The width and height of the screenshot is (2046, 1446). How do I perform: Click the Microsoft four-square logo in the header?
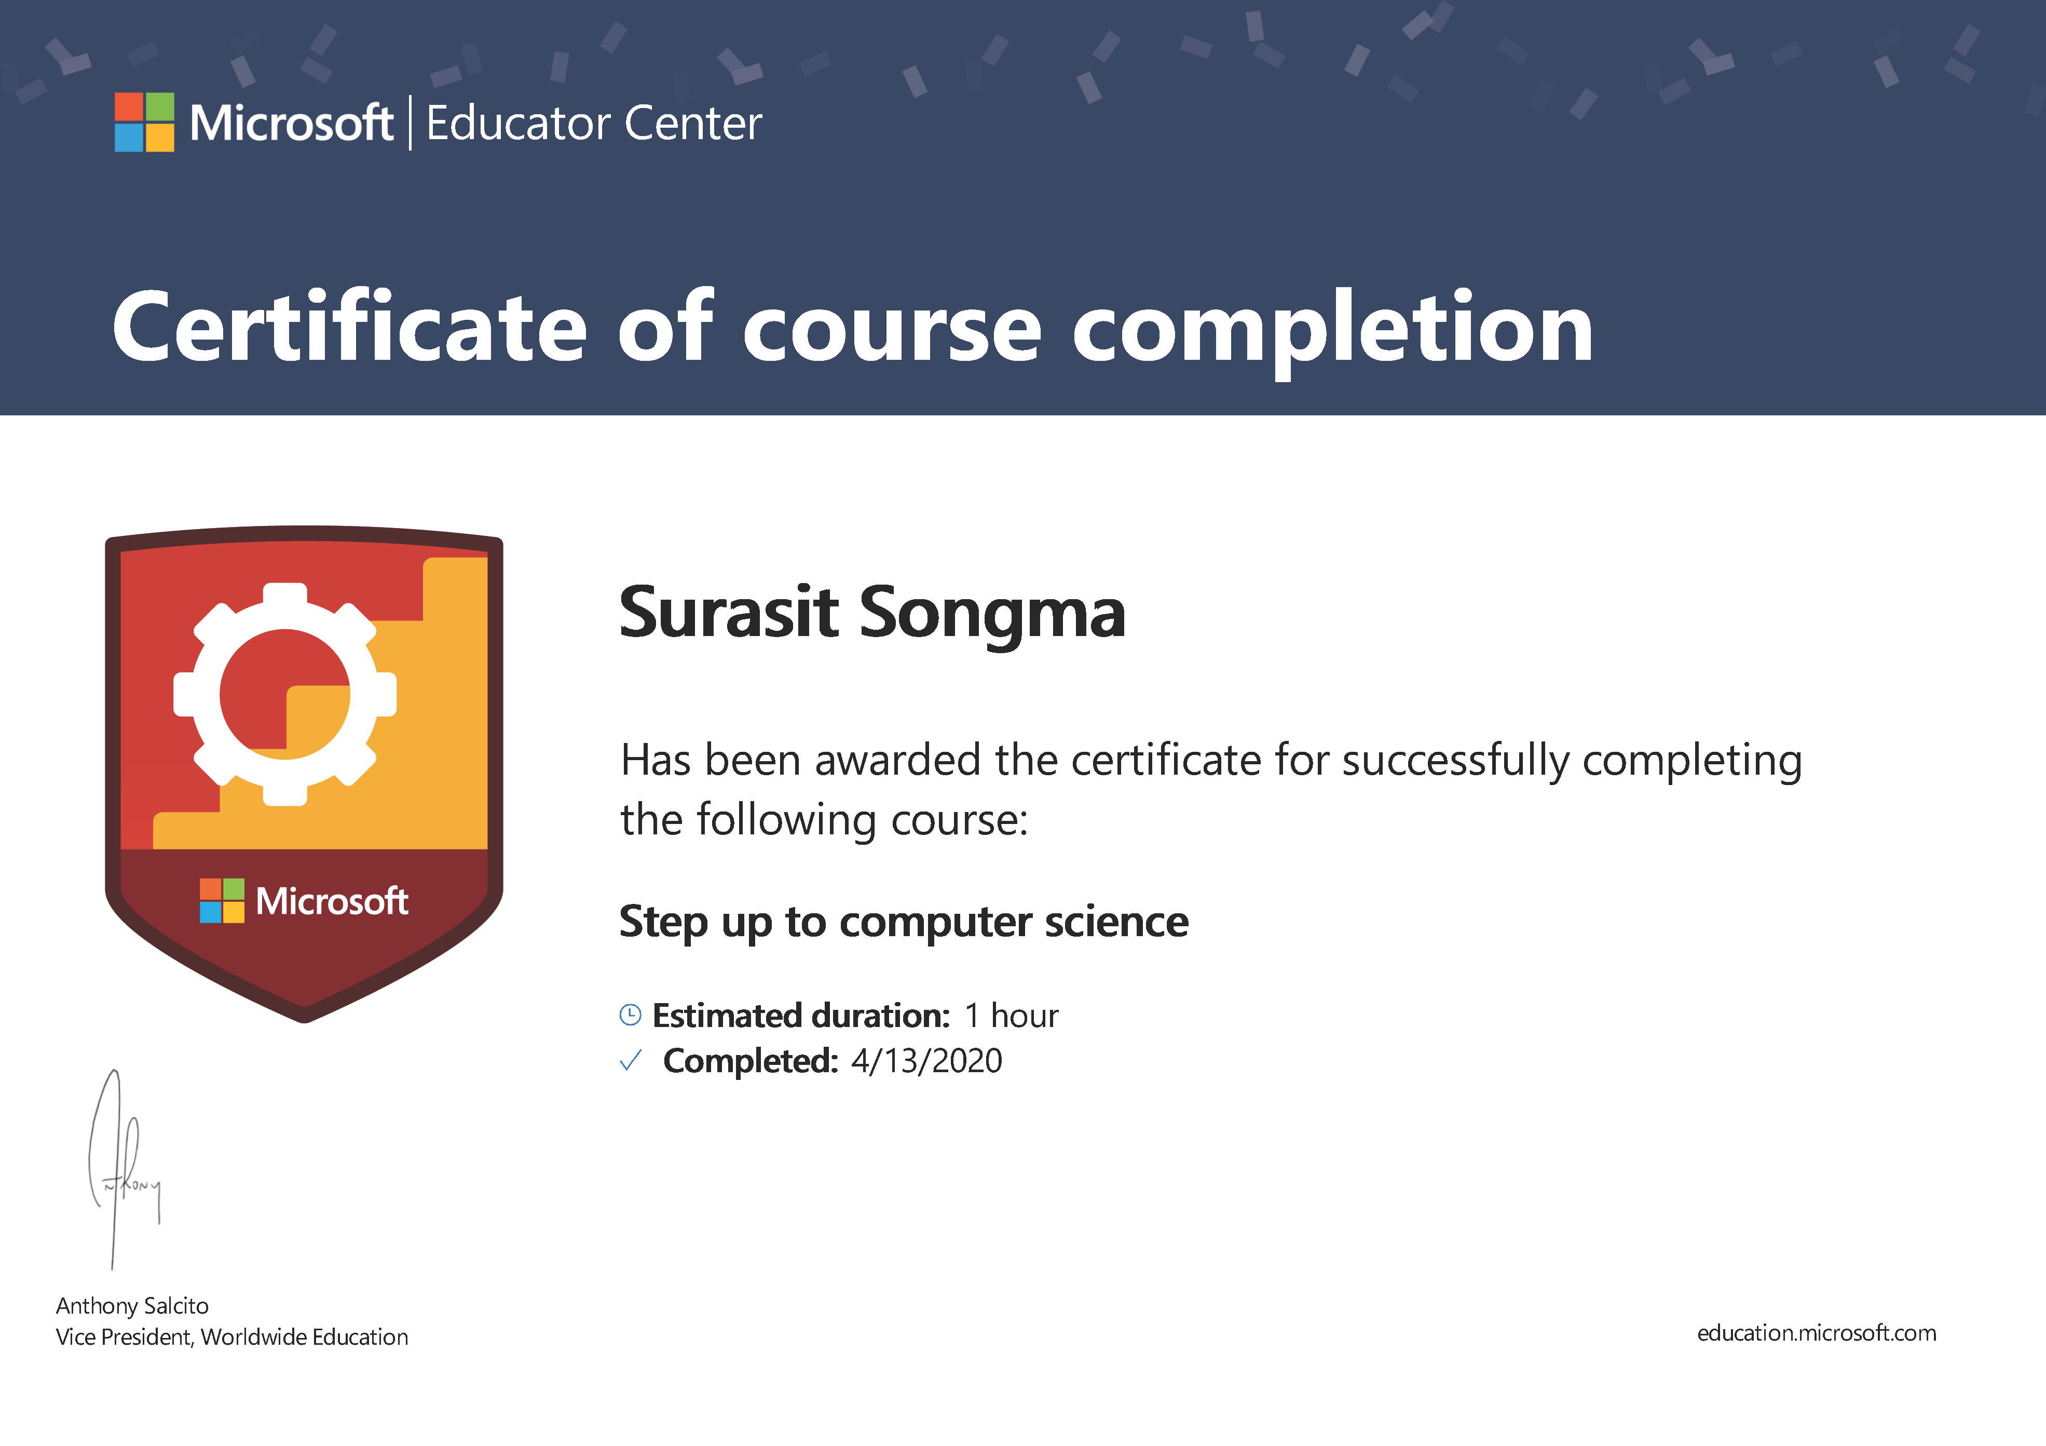pyautogui.click(x=144, y=122)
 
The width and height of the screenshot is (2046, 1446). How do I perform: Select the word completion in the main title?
pyautogui.click(x=1332, y=332)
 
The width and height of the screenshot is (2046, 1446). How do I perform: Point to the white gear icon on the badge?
pyautogui.click(x=285, y=695)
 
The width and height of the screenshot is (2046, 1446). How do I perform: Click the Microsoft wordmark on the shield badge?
pyautogui.click(x=332, y=901)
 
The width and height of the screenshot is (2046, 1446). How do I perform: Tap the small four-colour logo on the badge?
pyautogui.click(x=222, y=900)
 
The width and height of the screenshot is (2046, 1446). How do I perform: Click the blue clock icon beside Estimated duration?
pyautogui.click(x=630, y=1015)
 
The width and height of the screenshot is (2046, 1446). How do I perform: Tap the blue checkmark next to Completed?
pyautogui.click(x=630, y=1061)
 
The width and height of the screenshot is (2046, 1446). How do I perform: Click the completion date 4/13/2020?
pyautogui.click(x=927, y=1061)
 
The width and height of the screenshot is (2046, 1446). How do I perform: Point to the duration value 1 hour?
pyautogui.click(x=1012, y=1016)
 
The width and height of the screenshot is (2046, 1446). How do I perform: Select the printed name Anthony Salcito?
pyautogui.click(x=132, y=1306)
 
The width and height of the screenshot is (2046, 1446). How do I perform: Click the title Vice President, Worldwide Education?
pyautogui.click(x=231, y=1337)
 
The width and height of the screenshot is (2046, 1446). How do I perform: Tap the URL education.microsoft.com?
pyautogui.click(x=1817, y=1334)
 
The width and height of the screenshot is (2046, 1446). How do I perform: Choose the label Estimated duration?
pyautogui.click(x=801, y=1016)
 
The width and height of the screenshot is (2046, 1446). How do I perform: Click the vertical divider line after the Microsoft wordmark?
pyautogui.click(x=410, y=123)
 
